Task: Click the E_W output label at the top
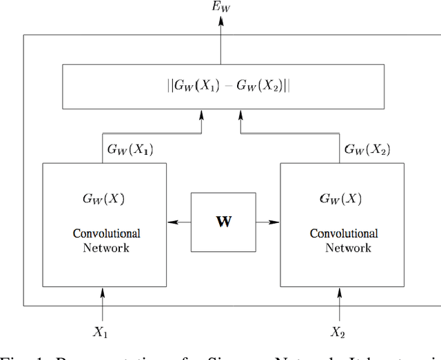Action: (x=221, y=8)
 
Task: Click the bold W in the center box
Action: (x=223, y=222)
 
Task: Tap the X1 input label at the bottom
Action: (x=101, y=332)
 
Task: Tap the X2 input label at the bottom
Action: (x=338, y=332)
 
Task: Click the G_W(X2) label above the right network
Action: (x=367, y=149)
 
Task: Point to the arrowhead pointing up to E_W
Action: (x=220, y=22)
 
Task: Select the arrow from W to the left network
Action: (x=178, y=222)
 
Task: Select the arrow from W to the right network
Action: (x=268, y=222)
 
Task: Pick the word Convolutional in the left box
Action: (x=106, y=233)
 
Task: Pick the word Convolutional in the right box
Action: (x=343, y=233)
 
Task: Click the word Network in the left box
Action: (x=106, y=247)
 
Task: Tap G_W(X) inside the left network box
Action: (x=103, y=199)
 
